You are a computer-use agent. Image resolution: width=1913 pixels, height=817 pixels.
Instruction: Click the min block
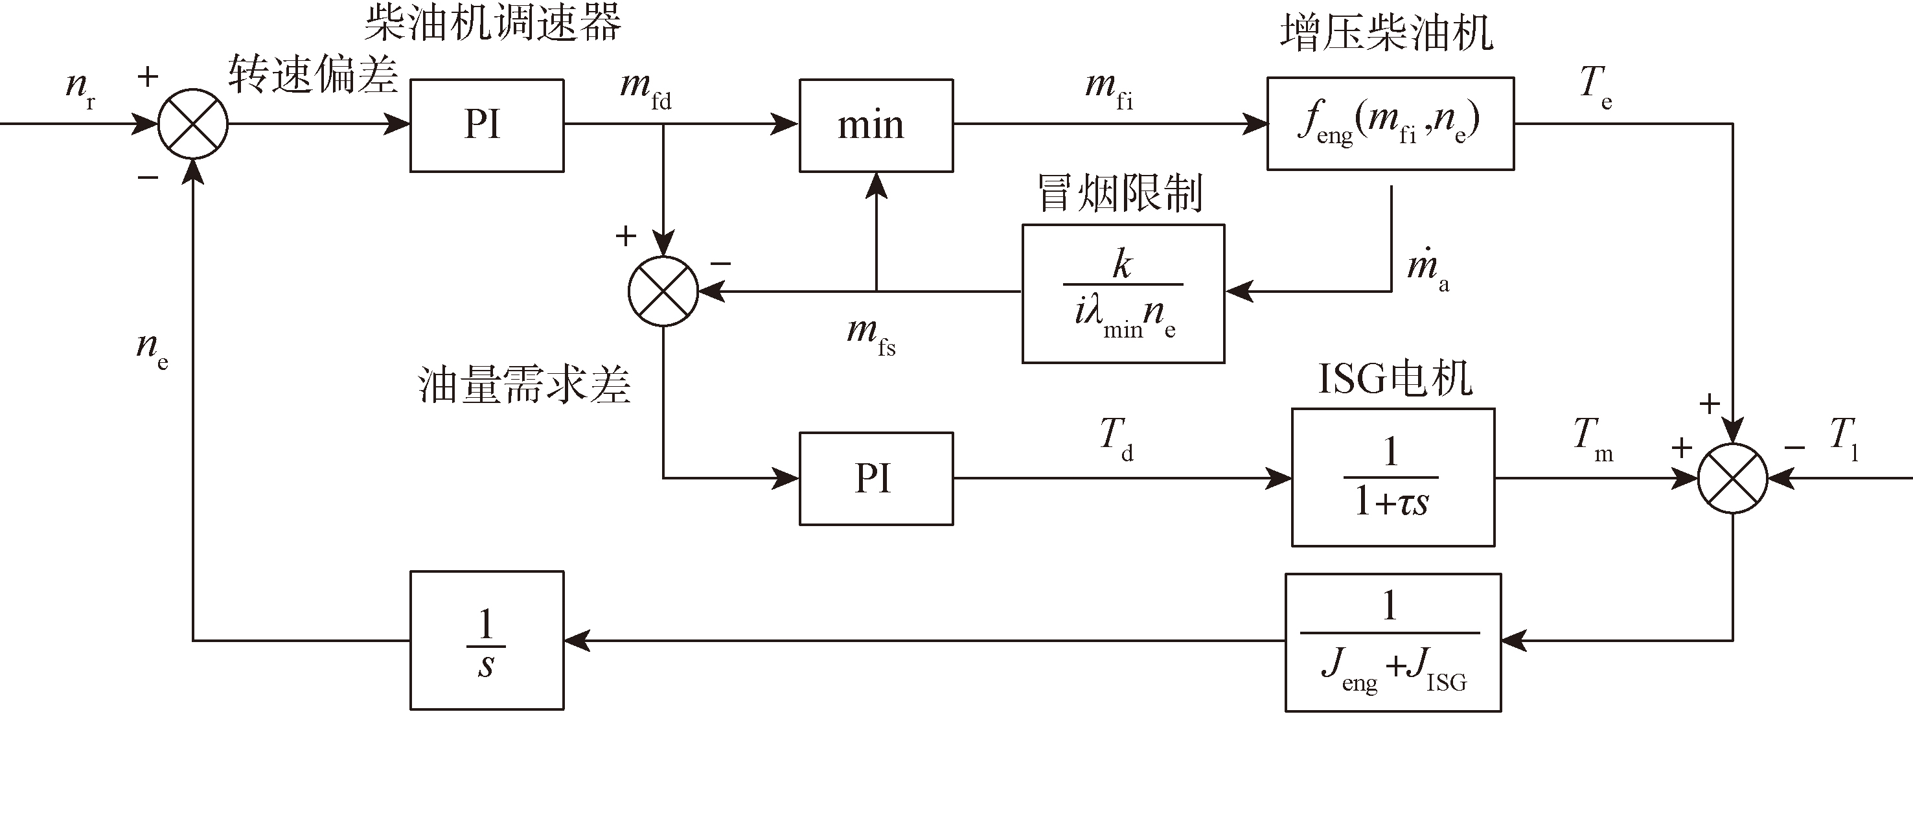coord(876,126)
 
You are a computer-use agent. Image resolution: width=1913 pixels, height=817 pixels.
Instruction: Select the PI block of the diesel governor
coord(487,126)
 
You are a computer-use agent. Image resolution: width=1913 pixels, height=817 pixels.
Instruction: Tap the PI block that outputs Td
coord(876,478)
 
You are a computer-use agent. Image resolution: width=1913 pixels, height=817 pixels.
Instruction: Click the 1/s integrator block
coord(487,640)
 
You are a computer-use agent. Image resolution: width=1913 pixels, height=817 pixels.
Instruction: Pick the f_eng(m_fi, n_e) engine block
coord(1390,124)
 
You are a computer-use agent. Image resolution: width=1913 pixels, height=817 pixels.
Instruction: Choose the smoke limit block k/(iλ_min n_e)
coord(1123,294)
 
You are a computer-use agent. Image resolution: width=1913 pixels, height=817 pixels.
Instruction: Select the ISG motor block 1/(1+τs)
coord(1392,478)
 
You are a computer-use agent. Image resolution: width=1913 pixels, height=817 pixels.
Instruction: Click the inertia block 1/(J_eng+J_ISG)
coord(1392,643)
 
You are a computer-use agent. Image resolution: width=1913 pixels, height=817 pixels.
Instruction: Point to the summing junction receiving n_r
coord(193,124)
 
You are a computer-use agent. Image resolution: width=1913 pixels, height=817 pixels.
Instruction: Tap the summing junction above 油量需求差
coord(663,291)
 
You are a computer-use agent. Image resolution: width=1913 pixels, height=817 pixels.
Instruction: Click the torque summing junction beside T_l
coord(1732,478)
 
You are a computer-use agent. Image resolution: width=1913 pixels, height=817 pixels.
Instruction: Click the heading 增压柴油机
coord(1386,34)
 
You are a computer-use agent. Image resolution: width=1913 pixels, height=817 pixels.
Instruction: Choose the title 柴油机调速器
coord(492,22)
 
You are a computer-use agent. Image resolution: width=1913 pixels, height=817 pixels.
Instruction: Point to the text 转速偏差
coord(313,75)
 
